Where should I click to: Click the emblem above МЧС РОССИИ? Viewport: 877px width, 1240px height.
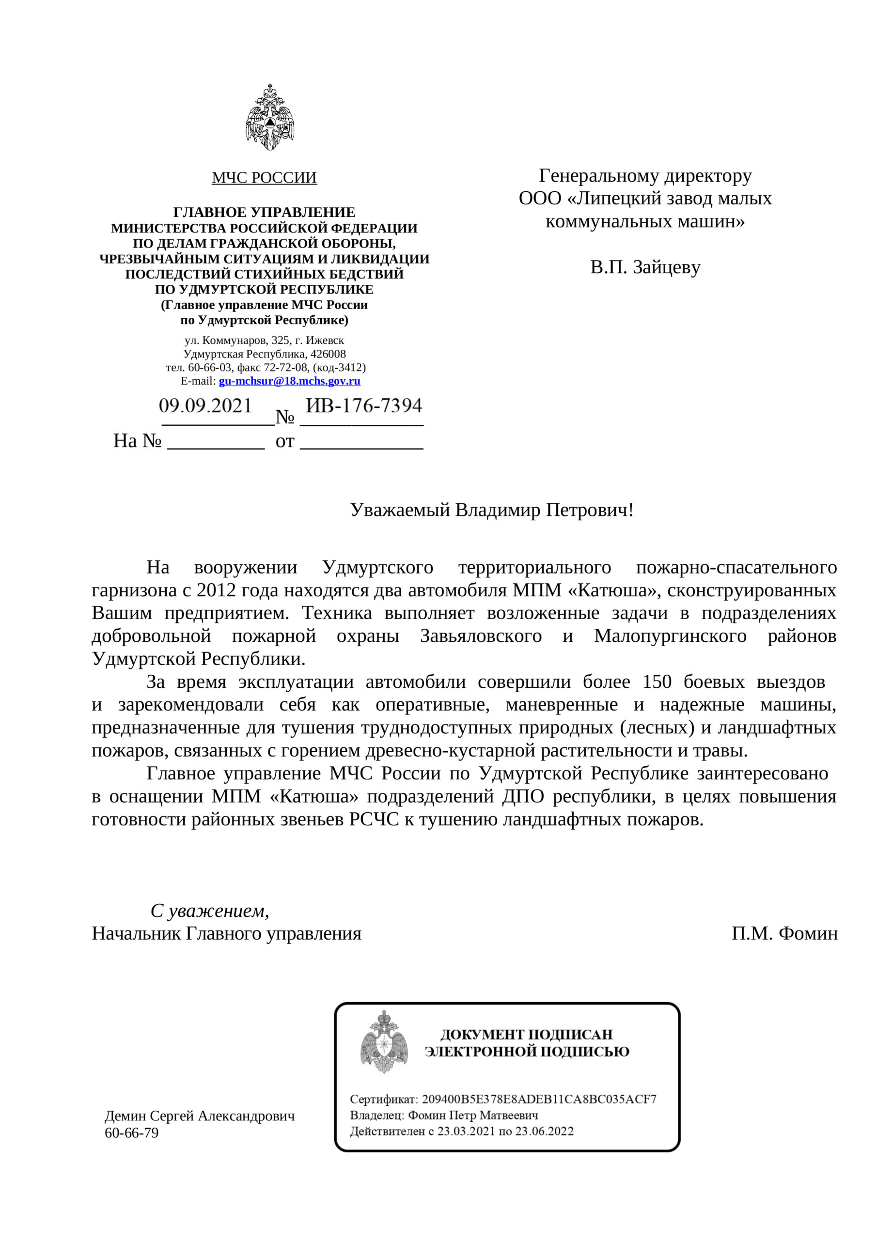click(x=269, y=117)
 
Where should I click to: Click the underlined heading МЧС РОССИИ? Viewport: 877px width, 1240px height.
click(x=264, y=178)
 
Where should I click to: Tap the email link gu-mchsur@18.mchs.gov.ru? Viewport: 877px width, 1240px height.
click(x=289, y=381)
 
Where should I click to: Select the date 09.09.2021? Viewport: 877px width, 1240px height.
click(x=205, y=405)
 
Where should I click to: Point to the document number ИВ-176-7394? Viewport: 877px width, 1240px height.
click(x=364, y=405)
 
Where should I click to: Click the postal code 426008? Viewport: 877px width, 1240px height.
click(x=328, y=354)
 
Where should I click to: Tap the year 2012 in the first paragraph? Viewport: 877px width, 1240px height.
click(x=216, y=590)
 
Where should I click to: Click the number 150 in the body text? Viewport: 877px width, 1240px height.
click(x=657, y=682)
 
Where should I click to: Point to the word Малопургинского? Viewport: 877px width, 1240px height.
click(x=670, y=635)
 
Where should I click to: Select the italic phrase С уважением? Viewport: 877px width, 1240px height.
click(x=209, y=911)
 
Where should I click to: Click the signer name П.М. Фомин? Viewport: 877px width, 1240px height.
click(x=784, y=933)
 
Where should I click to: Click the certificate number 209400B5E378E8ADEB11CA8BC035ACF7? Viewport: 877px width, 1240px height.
click(x=539, y=1099)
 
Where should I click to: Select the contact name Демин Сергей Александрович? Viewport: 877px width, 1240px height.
click(x=200, y=1116)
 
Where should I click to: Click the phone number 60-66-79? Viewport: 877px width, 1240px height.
click(x=131, y=1132)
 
